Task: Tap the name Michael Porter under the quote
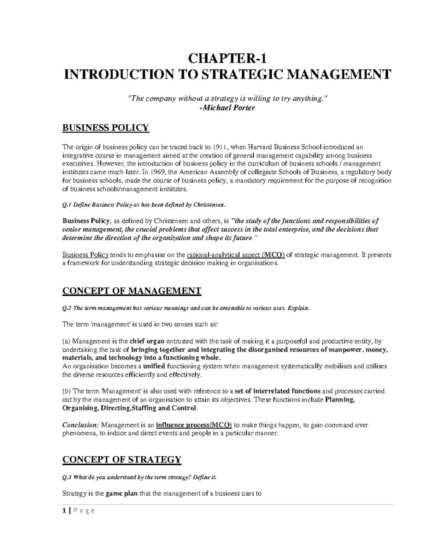(x=228, y=108)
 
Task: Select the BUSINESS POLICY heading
(x=106, y=128)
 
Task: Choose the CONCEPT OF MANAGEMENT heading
(x=131, y=291)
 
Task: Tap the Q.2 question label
(x=67, y=308)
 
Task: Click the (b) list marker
(x=66, y=391)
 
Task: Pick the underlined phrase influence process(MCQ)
(x=194, y=425)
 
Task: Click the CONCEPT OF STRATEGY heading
(x=122, y=460)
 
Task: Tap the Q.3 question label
(x=67, y=477)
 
